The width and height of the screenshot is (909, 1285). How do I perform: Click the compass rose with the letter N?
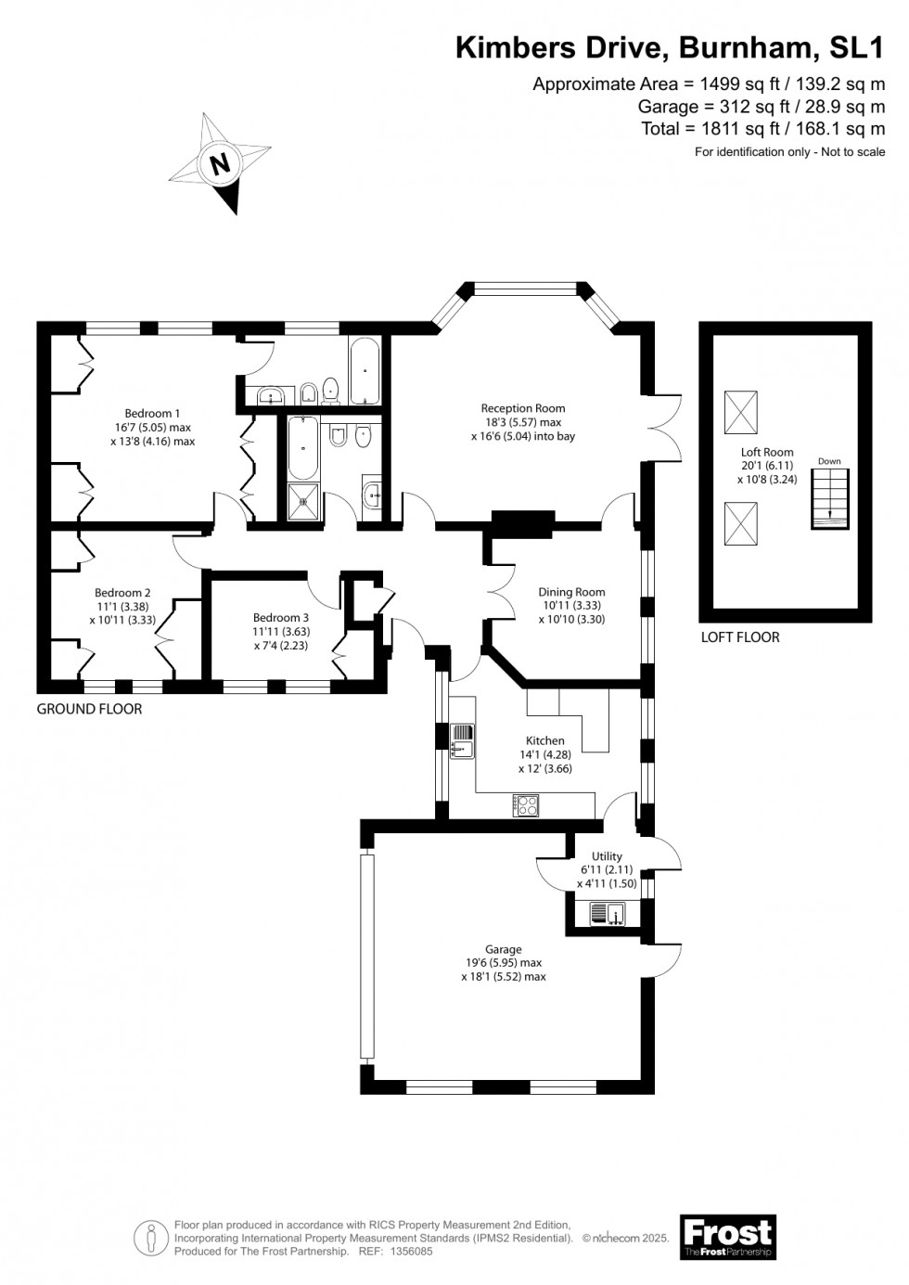(219, 163)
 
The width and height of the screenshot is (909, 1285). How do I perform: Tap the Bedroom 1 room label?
(153, 428)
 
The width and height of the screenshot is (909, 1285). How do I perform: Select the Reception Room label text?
(522, 421)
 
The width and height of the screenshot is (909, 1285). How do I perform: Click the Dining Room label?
(571, 605)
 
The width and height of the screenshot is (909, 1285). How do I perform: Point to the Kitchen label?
(544, 754)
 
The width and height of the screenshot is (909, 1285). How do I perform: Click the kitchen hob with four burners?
(526, 805)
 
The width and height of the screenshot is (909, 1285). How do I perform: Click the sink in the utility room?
(609, 917)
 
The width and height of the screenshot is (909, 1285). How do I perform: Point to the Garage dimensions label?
(503, 963)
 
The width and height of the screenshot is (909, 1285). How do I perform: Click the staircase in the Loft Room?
(830, 498)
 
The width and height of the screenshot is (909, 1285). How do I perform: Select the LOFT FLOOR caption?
(740, 637)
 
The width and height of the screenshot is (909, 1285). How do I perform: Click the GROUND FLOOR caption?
(89, 709)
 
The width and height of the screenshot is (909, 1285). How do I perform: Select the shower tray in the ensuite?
(303, 501)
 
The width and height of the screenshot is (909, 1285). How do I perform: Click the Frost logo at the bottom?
(727, 1237)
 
